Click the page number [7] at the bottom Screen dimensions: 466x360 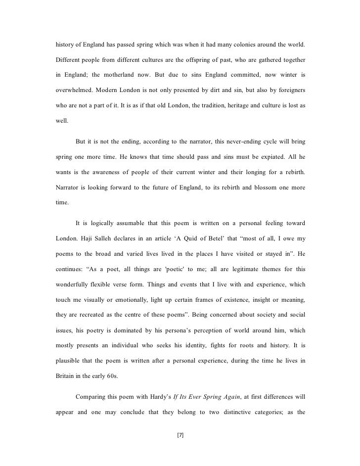coord(180,435)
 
